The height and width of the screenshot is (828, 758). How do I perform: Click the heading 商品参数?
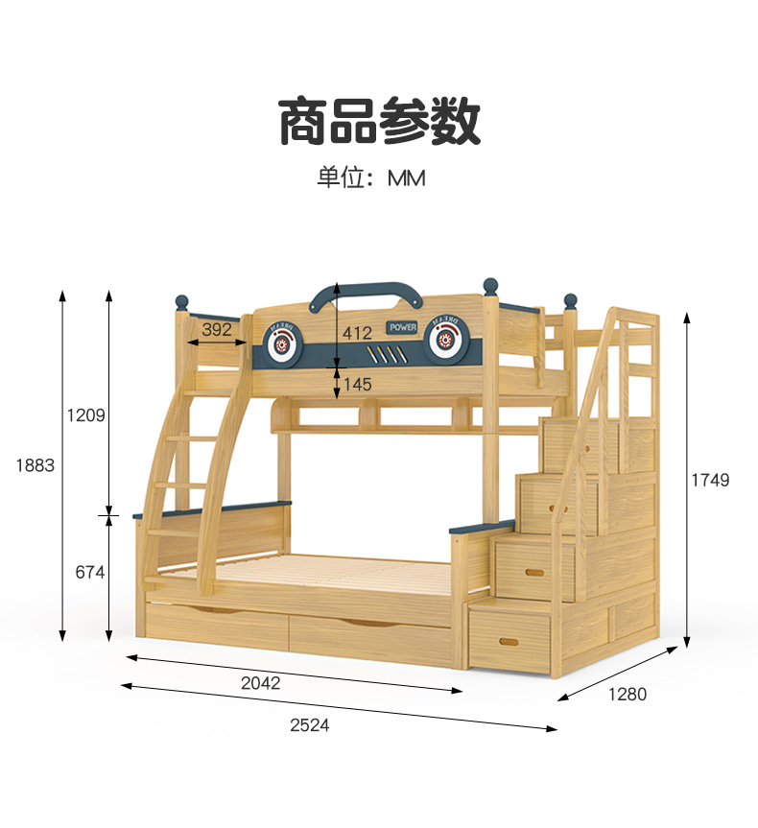click(379, 122)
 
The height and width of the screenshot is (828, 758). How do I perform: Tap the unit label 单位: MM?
click(371, 178)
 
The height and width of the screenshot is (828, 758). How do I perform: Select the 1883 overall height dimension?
click(36, 465)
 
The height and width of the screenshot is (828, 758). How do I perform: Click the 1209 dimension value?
click(85, 415)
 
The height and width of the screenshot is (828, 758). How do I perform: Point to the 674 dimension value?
click(89, 573)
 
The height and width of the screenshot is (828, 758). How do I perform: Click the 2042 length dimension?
click(260, 683)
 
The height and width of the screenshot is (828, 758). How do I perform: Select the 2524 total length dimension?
click(309, 725)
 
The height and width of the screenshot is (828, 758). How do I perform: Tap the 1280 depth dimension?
click(628, 694)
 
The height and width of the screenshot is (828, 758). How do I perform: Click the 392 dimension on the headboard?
click(217, 330)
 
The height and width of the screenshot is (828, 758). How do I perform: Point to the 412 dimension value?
click(357, 334)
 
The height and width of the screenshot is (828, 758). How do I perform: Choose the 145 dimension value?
click(357, 384)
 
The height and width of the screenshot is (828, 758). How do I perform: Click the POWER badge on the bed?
click(403, 327)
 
